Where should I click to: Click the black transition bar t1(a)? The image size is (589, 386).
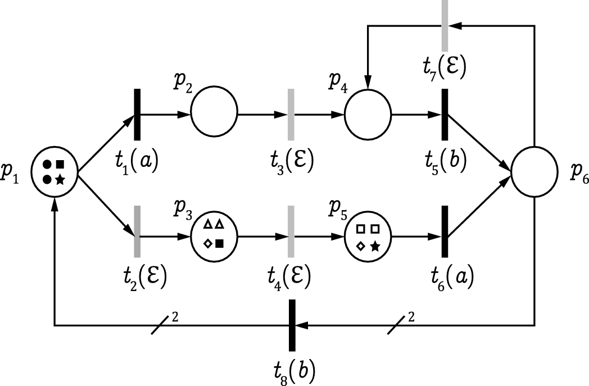pos(137,115)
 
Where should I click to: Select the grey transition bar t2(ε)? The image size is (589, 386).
pos(137,231)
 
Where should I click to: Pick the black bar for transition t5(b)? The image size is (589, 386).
pos(445,115)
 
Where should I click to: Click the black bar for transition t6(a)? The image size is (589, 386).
pos(445,231)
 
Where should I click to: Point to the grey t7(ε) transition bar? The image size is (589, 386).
pos(445,20)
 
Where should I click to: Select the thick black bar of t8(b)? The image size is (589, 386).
pos(292,325)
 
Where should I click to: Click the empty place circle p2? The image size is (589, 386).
pos(214,112)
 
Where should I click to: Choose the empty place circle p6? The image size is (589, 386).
pos(534,172)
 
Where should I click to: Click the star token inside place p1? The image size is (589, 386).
pos(60,179)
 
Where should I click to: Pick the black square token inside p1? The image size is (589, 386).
pos(60,165)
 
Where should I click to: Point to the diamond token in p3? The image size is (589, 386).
pos(207,243)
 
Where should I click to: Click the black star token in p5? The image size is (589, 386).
pos(375,246)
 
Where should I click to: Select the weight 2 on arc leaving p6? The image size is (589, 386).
pos(411,317)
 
